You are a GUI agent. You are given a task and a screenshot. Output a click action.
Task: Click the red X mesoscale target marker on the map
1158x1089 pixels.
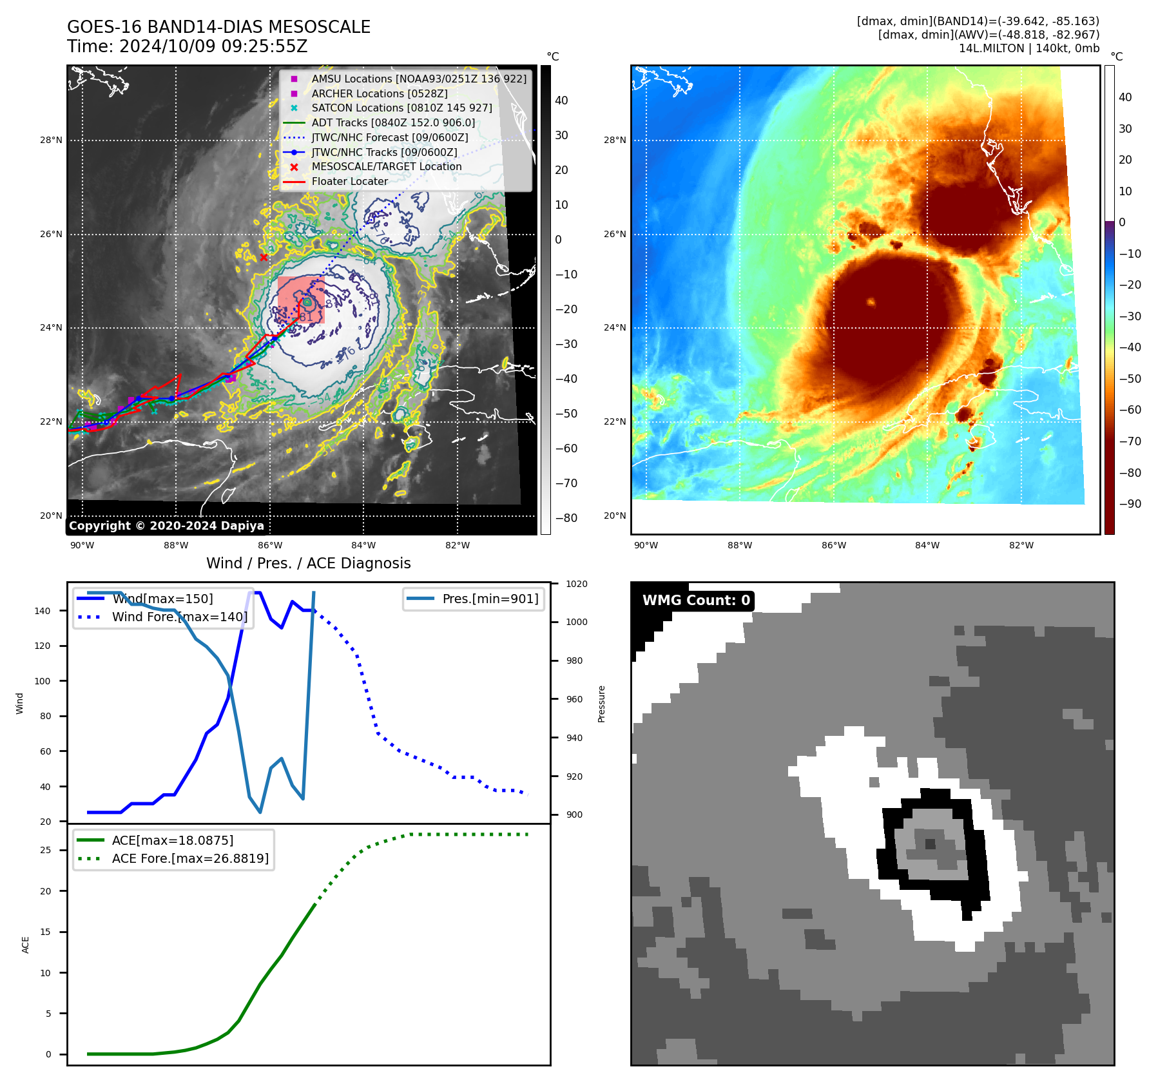point(264,257)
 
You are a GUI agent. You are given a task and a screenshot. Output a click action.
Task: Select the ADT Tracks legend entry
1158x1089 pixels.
point(393,122)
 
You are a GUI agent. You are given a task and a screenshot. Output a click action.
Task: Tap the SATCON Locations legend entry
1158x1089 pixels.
point(401,108)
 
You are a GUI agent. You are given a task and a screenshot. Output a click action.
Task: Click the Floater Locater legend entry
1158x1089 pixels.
point(349,181)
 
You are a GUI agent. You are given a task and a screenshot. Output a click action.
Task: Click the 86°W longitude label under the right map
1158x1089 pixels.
point(833,545)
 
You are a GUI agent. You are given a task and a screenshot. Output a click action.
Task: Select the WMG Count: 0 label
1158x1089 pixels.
point(696,601)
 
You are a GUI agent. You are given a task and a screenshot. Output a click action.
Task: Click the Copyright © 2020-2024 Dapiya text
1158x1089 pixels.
point(166,526)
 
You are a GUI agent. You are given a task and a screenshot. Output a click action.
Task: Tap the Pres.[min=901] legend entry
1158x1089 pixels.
point(490,599)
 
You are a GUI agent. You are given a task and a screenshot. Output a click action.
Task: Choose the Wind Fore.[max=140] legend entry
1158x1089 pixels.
point(179,617)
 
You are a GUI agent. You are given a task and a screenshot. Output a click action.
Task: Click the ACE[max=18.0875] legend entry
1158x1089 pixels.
point(172,840)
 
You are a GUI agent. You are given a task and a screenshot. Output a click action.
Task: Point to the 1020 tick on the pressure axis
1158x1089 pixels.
point(577,584)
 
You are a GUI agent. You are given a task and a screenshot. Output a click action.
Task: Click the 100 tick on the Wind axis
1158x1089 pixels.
point(42,681)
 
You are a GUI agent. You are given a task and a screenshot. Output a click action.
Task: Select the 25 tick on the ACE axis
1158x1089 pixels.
point(45,850)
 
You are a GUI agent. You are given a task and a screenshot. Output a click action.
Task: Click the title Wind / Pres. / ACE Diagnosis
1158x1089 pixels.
point(308,563)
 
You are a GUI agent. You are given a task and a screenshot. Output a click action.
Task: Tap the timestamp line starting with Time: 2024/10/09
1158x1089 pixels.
point(187,47)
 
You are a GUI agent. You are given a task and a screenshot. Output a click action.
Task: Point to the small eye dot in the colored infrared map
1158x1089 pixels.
point(871,302)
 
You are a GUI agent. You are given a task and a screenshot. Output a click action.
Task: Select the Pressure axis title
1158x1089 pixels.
point(601,704)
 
